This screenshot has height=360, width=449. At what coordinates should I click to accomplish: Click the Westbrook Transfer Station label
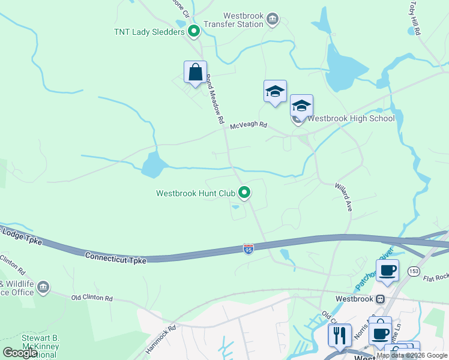point(243,20)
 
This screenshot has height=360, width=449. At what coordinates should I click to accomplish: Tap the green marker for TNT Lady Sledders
point(193,31)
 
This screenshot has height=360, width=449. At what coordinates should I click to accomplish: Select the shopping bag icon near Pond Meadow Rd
point(195,73)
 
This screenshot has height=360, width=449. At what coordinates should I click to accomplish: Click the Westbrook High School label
point(351,118)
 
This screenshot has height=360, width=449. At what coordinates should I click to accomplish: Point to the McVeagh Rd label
point(249,127)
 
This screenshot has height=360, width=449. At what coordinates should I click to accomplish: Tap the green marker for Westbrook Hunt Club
point(244,193)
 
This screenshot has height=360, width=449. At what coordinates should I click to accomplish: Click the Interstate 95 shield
point(249,248)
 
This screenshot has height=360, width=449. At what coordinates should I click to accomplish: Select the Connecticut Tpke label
point(115,257)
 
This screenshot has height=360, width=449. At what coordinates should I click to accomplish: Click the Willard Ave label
point(343,197)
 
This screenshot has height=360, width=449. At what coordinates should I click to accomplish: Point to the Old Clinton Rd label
point(92,298)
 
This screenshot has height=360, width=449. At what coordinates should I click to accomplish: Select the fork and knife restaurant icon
point(339,334)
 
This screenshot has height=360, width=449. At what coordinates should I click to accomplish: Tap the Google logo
point(20,353)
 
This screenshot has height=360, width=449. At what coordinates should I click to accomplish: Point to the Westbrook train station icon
point(380,298)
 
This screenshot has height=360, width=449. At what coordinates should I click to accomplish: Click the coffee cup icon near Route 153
point(387,269)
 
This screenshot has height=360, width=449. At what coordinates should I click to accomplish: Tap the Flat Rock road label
point(436,278)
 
